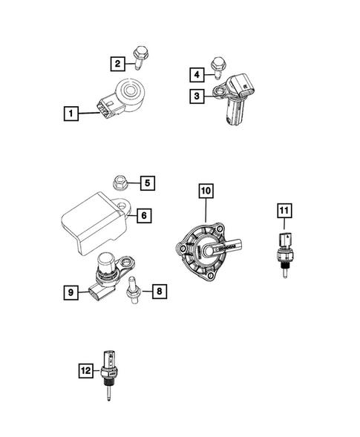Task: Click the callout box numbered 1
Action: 71,114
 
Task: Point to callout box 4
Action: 197,74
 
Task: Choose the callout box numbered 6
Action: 144,216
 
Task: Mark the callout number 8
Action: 159,292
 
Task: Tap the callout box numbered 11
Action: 283,211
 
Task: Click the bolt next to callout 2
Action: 139,56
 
